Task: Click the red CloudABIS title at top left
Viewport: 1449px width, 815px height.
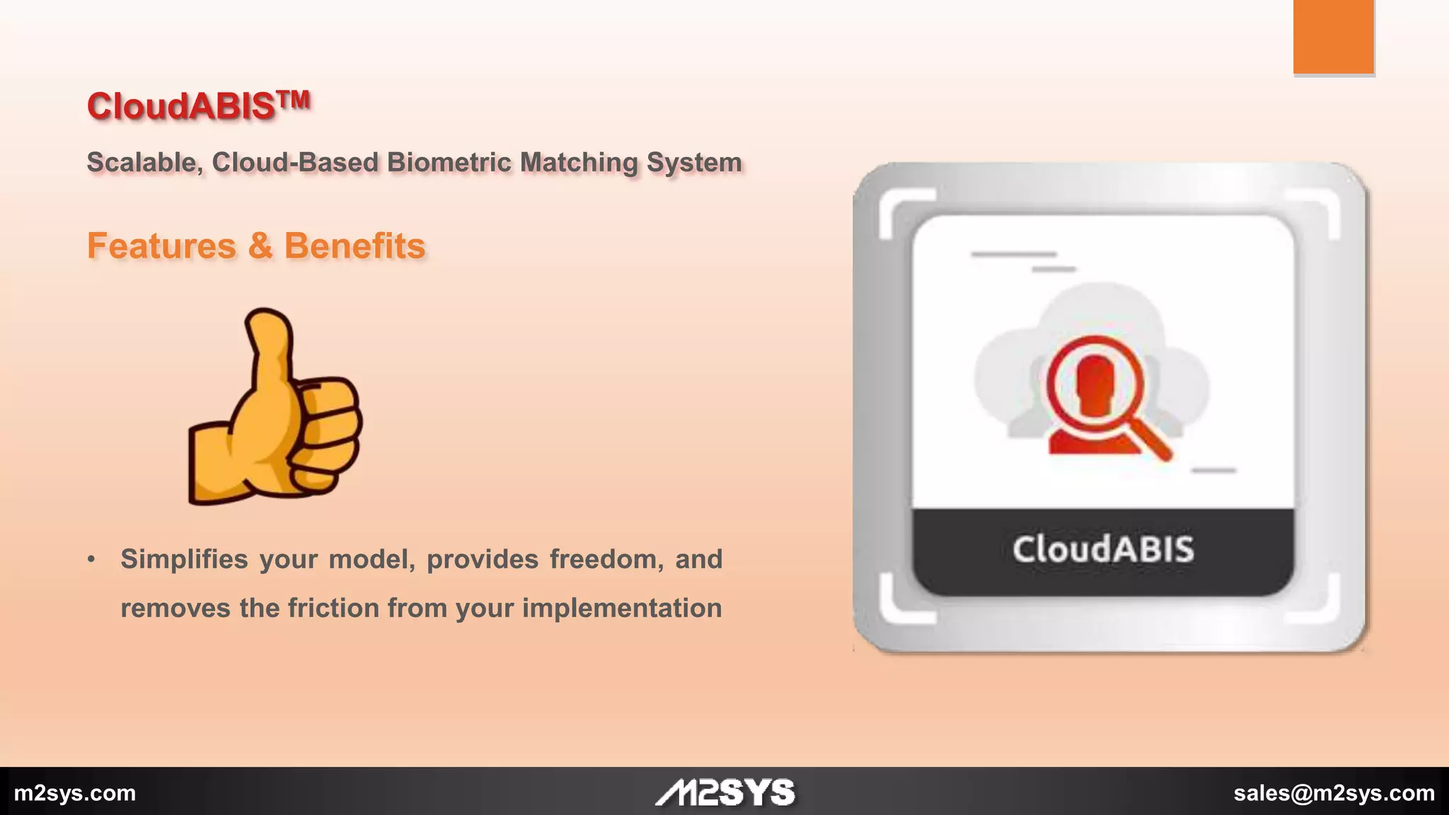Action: [x=181, y=107]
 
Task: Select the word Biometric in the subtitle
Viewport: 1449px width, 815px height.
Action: [x=449, y=162]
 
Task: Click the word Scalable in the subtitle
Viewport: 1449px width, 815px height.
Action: [x=142, y=162]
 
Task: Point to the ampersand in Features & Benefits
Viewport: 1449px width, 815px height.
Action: [x=260, y=245]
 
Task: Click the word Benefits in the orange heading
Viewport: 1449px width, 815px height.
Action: [x=354, y=245]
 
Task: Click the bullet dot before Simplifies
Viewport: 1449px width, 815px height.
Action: [x=91, y=559]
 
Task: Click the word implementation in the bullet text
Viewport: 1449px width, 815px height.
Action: [x=622, y=608]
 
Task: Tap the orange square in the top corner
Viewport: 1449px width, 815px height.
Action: [x=1334, y=36]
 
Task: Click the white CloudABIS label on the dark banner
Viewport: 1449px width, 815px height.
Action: [x=1103, y=550]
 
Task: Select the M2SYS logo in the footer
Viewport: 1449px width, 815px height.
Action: [x=725, y=792]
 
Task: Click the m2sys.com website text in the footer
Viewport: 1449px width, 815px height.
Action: [x=75, y=793]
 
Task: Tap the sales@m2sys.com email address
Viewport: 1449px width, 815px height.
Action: [x=1334, y=793]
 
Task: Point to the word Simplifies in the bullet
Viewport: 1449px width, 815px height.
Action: [x=184, y=559]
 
